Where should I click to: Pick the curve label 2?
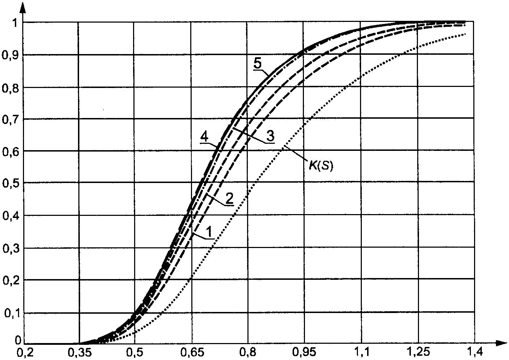229,199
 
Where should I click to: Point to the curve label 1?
209,232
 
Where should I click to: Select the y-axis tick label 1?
14,23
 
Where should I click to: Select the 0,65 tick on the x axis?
191,352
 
